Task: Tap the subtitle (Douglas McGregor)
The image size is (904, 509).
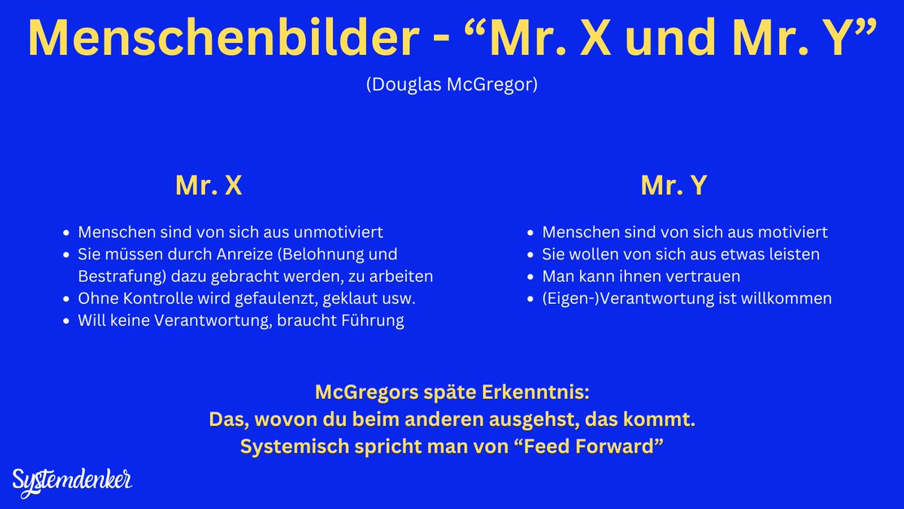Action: coord(451,84)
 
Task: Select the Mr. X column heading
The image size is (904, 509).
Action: coord(209,186)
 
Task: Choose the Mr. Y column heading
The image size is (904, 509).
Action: coord(673,186)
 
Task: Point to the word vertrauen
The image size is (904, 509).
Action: coord(703,276)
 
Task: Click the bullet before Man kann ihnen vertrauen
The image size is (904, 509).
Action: coord(532,277)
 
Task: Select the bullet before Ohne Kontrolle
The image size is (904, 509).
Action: coord(68,299)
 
